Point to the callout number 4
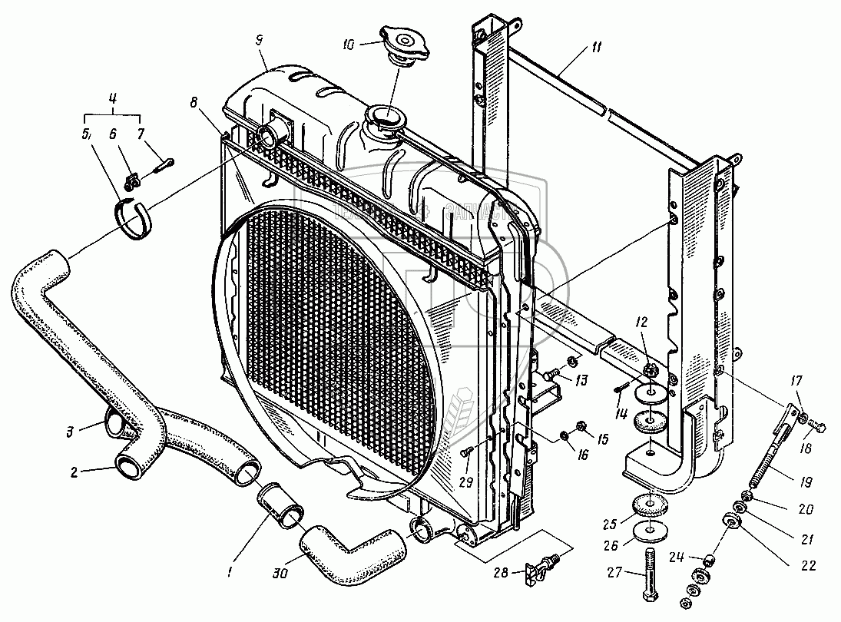pyautogui.click(x=111, y=98)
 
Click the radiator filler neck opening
pyautogui.click(x=384, y=119)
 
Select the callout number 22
pyautogui.click(x=806, y=567)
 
